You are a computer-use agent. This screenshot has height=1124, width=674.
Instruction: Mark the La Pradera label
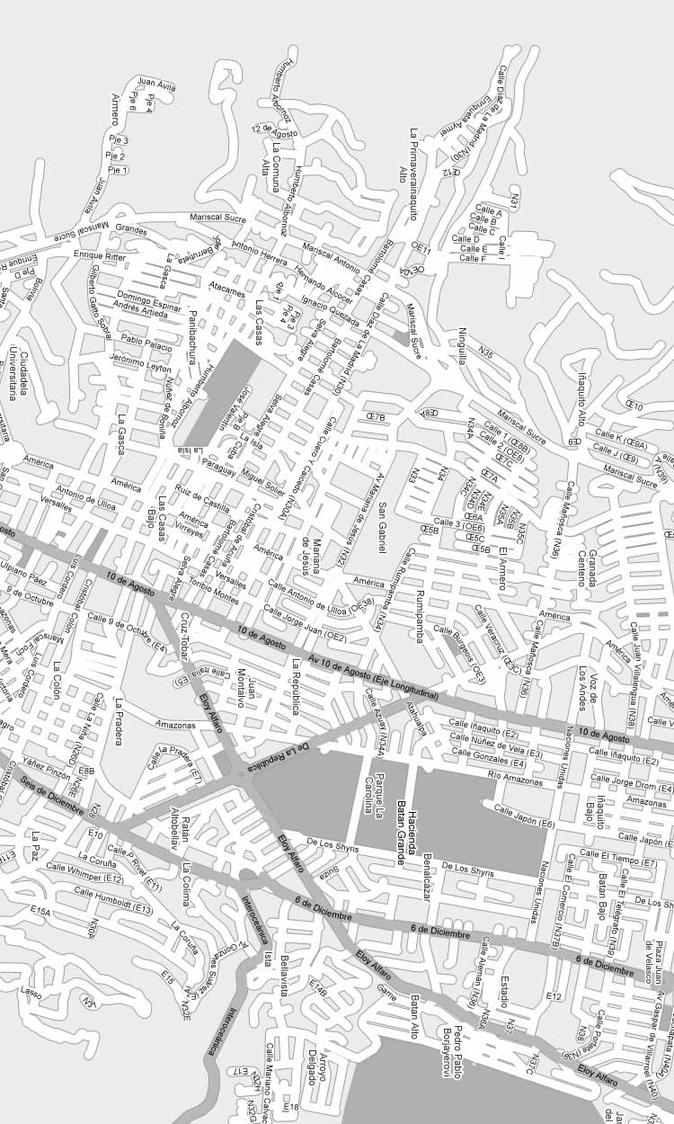point(118,721)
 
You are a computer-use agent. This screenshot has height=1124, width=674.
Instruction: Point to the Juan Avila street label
point(156,86)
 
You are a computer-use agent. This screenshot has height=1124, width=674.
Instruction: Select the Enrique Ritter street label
point(100,257)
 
